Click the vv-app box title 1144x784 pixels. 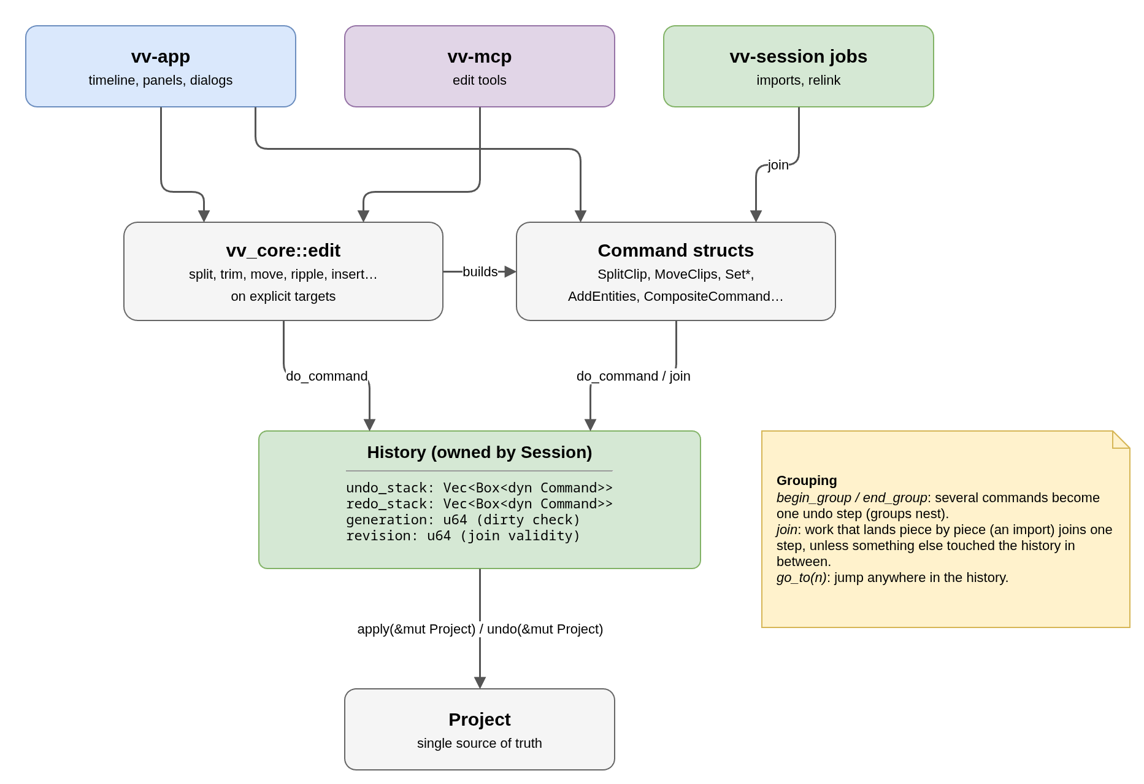pos(161,56)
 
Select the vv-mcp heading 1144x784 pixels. pos(480,56)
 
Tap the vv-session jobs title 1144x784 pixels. pos(799,56)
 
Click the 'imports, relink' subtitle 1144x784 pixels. pos(799,80)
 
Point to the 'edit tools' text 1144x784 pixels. pos(480,80)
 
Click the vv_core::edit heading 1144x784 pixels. pos(283,250)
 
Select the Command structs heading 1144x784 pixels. pos(676,250)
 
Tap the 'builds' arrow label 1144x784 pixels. pos(480,271)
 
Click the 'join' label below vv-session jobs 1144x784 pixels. pos(778,165)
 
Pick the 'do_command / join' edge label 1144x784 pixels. pos(634,376)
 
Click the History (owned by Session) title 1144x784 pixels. pos(480,452)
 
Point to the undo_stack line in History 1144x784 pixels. pos(479,488)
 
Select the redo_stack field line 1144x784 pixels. pos(479,504)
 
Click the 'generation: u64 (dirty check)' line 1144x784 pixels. pos(463,520)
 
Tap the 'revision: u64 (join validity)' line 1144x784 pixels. pos(463,536)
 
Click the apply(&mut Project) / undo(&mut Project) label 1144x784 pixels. pos(480,629)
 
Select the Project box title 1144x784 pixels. pos(480,720)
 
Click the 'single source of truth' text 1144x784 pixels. pos(480,743)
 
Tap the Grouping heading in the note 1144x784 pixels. pos(807,481)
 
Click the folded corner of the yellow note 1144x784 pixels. pos(1121,440)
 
